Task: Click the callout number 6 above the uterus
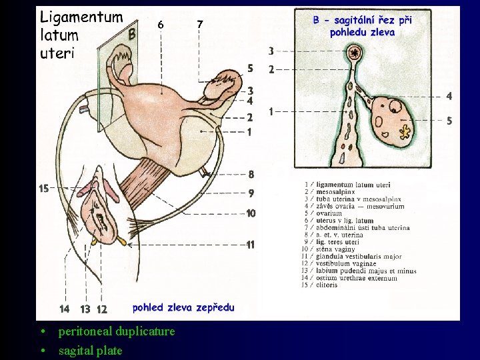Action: point(161,25)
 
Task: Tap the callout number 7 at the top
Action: point(200,25)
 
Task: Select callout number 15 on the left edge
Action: point(44,189)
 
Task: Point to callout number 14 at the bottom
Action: point(64,309)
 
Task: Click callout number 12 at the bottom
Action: point(102,309)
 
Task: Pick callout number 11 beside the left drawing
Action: point(250,245)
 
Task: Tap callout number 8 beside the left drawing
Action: point(251,175)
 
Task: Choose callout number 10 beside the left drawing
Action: point(251,213)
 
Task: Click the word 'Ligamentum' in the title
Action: point(81,17)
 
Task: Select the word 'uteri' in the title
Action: point(56,53)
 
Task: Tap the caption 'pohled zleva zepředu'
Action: point(183,307)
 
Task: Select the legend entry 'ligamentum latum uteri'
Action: point(353,185)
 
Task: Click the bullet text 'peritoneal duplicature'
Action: point(116,331)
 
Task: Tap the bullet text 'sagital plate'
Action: point(90,351)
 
